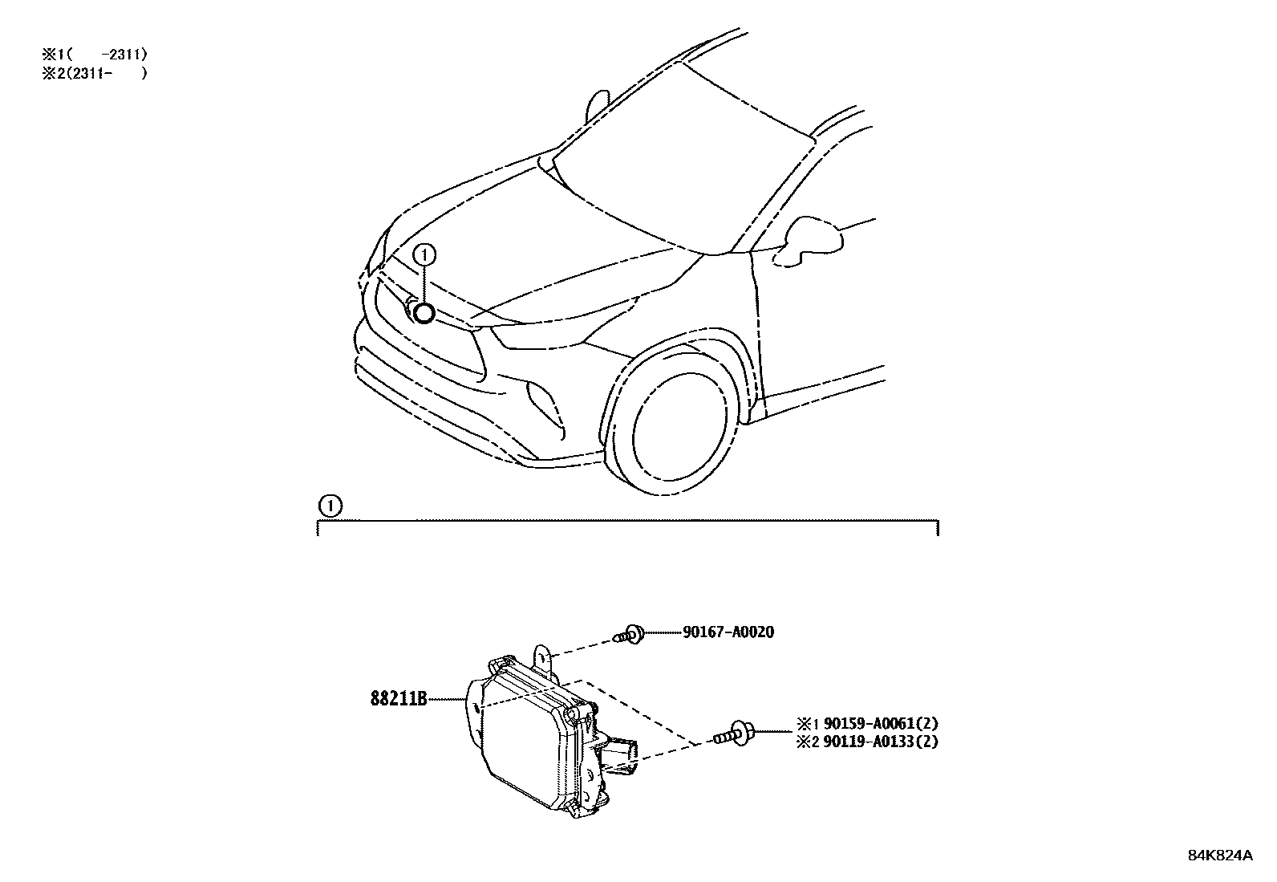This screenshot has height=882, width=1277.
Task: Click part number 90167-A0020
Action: coord(728,632)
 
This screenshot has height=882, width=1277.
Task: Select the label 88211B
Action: coord(397,698)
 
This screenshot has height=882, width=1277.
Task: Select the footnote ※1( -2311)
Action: coord(95,55)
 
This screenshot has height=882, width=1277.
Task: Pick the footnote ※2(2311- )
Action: coord(95,73)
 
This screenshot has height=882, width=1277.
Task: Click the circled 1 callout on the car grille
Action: coord(424,255)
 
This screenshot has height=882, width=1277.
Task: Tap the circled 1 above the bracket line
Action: coord(329,506)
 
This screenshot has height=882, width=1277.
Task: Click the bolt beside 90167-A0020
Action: coord(629,635)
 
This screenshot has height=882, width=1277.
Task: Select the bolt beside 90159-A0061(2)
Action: coord(734,733)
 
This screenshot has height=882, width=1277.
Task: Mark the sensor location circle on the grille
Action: coord(423,313)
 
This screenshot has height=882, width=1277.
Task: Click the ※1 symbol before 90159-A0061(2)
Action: coord(805,724)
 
